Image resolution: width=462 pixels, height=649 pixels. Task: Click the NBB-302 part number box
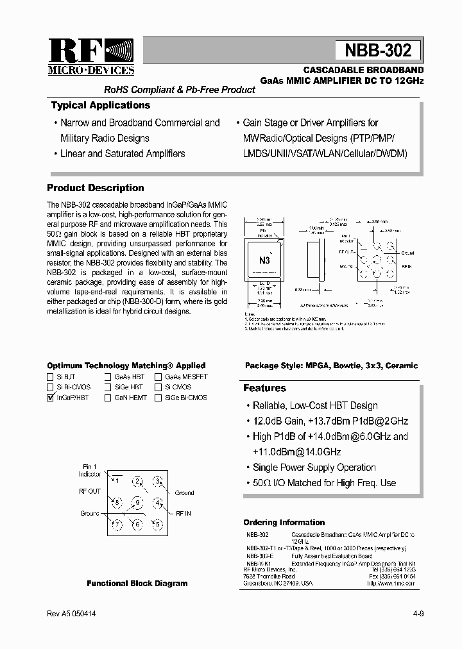378,51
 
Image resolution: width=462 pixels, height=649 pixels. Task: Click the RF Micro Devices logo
90,56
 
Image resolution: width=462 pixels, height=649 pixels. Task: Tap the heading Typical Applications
100,105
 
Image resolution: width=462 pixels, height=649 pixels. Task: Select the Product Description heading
96,188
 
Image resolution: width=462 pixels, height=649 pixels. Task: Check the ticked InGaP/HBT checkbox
51,398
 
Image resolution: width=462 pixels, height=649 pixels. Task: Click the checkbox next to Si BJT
51,377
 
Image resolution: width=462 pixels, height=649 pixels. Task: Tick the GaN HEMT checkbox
108,398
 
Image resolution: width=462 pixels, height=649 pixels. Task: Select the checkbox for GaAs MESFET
158,377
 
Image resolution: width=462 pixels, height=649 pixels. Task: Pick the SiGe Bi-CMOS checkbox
158,398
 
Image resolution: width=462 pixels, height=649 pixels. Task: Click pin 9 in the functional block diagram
137,502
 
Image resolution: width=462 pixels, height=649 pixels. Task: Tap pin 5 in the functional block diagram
157,524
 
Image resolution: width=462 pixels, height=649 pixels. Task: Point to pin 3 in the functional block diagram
157,481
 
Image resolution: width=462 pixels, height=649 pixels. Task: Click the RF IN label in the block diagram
183,514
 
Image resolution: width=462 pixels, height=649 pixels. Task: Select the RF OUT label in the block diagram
90,491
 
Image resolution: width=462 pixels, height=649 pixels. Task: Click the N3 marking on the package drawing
264,260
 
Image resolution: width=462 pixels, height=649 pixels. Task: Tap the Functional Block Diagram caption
137,584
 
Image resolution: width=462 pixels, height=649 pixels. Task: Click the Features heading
264,388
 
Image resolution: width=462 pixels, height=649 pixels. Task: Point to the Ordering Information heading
284,522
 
